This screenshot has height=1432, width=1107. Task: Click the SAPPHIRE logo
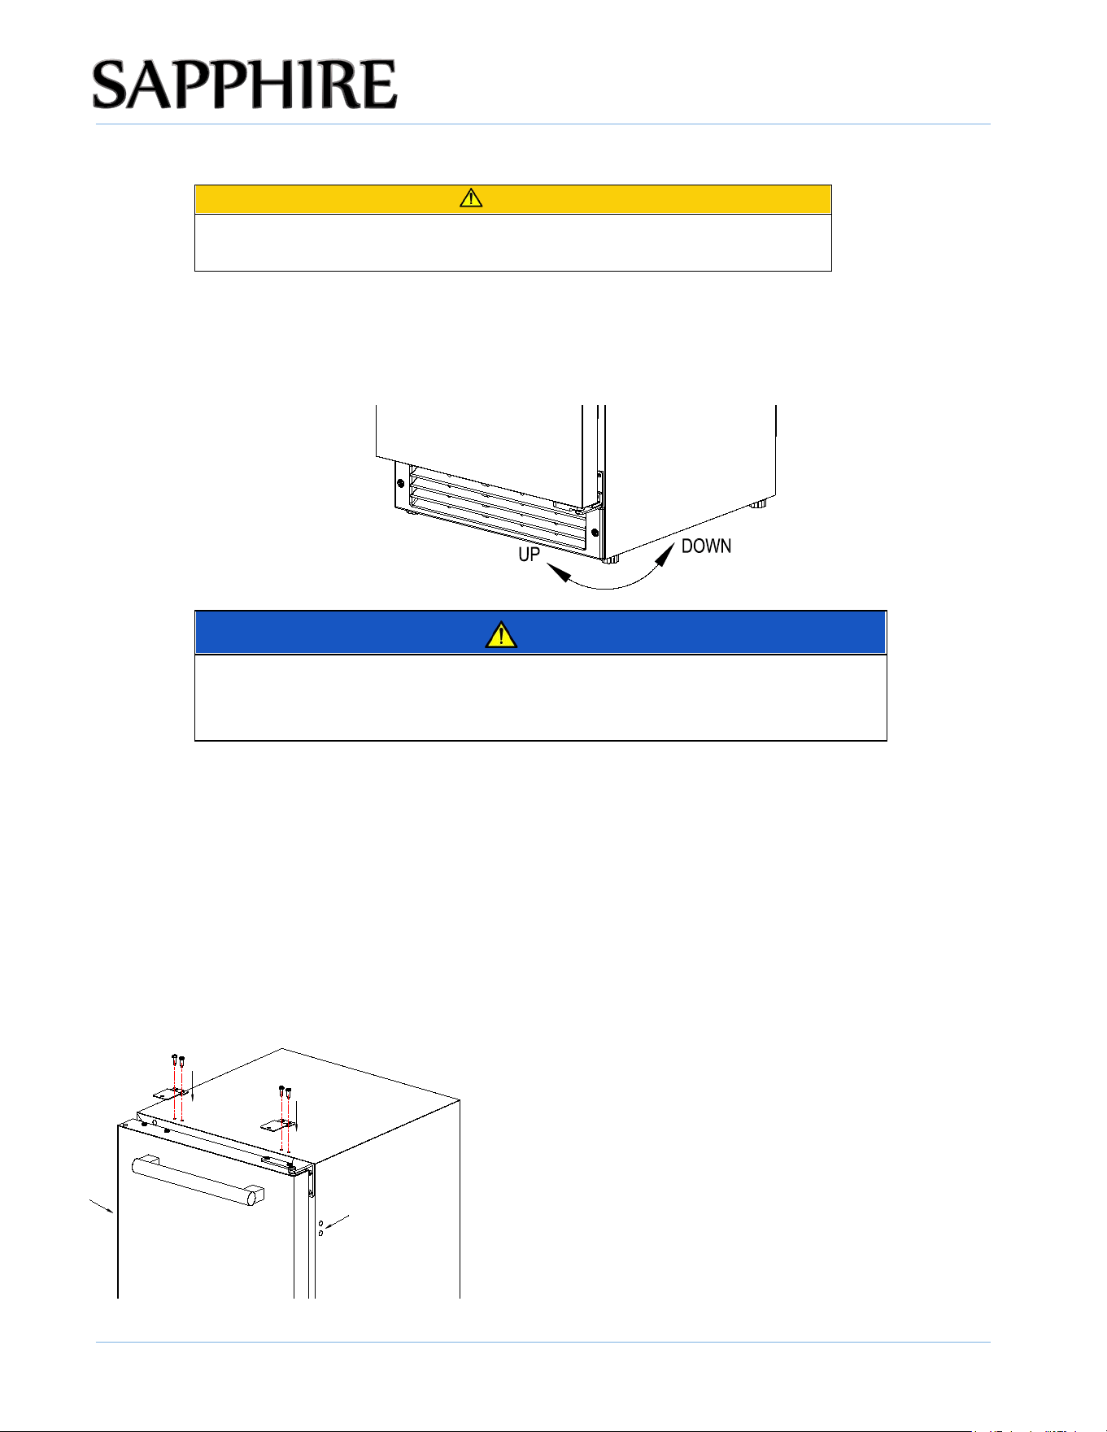pyautogui.click(x=245, y=84)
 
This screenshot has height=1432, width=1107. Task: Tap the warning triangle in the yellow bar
pyautogui.click(x=471, y=198)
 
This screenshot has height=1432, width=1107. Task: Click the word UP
pyautogui.click(x=530, y=554)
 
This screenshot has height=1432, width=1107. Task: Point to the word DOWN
pyautogui.click(x=706, y=546)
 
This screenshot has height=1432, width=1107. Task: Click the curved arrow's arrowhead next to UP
pyautogui.click(x=558, y=573)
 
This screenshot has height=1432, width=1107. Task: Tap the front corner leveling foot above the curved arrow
pyautogui.click(x=611, y=559)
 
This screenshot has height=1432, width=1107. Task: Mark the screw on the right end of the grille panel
pyautogui.click(x=595, y=533)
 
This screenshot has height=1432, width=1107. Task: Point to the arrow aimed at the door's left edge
pyautogui.click(x=101, y=1205)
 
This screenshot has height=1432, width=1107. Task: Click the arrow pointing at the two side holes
pyautogui.click(x=338, y=1222)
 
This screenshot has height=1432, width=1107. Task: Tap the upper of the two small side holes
pyautogui.click(x=320, y=1223)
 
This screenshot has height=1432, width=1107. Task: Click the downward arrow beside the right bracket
pyautogui.click(x=297, y=1114)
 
